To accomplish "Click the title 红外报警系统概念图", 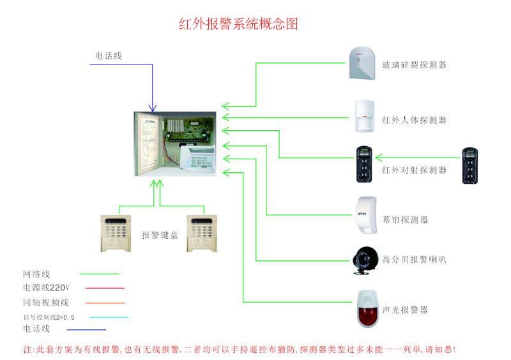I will (238, 25).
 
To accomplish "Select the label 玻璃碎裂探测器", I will (414, 65).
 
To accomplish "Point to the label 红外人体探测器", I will (414, 120).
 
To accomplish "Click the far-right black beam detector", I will (471, 166).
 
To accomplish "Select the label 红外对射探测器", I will (414, 170).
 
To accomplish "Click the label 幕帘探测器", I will (405, 220).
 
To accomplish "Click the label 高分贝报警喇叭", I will (414, 260).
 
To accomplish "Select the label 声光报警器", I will (405, 310).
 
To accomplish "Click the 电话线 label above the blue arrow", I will (109, 56).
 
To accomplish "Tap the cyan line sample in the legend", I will (109, 317).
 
